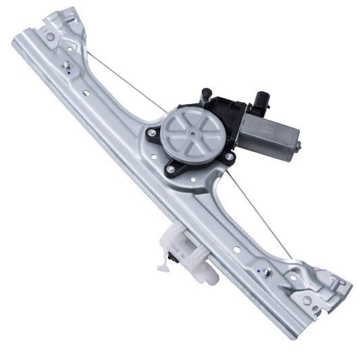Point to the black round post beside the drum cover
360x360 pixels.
[x=206, y=94]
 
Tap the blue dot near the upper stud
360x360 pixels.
[x=71, y=72]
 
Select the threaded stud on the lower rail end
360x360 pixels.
[x=267, y=272]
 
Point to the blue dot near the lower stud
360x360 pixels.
[x=259, y=269]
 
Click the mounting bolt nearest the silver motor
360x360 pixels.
[x=229, y=157]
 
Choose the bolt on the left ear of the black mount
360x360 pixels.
[x=152, y=133]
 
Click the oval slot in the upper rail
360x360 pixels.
[x=86, y=94]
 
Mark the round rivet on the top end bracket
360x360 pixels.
[x=49, y=36]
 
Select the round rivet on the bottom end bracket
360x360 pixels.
[x=307, y=299]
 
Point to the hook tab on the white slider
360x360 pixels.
[x=164, y=265]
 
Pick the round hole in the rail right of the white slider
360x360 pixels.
[x=237, y=249]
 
